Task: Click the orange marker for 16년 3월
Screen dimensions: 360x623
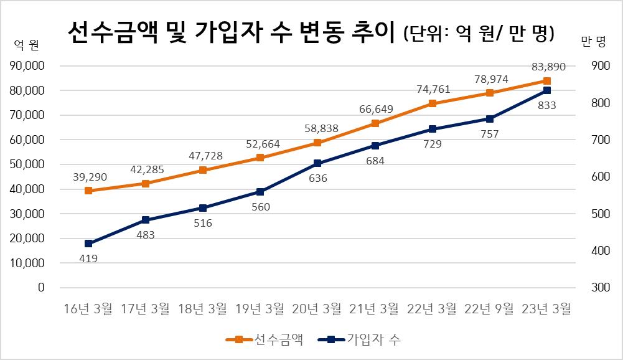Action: (x=88, y=191)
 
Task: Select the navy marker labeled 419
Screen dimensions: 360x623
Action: (x=88, y=244)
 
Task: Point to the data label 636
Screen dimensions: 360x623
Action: (x=317, y=178)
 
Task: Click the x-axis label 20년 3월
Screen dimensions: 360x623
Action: (x=317, y=308)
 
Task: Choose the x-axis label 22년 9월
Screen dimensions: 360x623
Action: (x=489, y=308)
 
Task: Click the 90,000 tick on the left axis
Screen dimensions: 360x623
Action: (x=27, y=66)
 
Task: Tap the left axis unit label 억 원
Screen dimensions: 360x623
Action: (x=27, y=44)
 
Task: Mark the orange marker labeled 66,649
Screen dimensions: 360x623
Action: (x=375, y=123)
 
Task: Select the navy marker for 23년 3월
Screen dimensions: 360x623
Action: (x=547, y=90)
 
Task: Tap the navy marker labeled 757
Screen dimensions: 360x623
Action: (x=490, y=118)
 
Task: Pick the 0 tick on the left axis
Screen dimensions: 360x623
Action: (x=42, y=288)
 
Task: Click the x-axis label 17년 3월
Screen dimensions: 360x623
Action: (x=146, y=308)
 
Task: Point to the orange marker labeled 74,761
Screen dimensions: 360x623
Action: (x=433, y=103)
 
